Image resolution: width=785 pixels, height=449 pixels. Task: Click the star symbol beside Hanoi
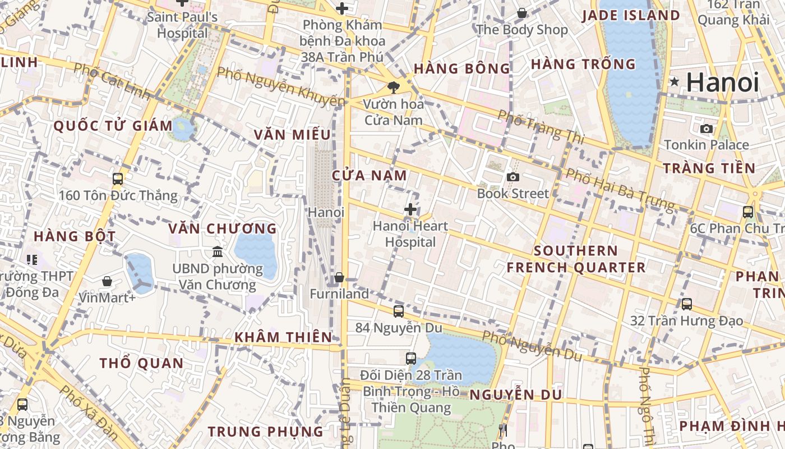[675, 83]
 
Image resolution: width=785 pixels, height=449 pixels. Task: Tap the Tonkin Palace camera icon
[706, 129]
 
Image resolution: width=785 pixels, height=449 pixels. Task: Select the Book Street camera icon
[512, 177]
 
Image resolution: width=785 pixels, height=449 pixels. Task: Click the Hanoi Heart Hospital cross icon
[410, 210]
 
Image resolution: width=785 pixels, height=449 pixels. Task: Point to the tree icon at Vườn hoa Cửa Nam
[394, 87]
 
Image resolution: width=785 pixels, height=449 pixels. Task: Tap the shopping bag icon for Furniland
[339, 278]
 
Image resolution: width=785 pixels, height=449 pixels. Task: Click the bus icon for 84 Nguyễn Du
[399, 311]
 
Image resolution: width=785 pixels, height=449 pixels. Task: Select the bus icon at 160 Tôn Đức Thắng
[118, 179]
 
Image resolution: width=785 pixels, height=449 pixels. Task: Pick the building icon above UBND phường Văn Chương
[218, 252]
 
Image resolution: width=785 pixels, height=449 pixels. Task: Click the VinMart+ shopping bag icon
[107, 281]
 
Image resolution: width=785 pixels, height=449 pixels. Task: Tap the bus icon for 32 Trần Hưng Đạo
[687, 304]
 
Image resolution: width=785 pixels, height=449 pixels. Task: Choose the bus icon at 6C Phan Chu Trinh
[748, 212]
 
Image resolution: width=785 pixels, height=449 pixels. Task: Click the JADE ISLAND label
[631, 16]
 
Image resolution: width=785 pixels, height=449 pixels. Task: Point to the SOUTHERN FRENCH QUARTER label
[576, 259]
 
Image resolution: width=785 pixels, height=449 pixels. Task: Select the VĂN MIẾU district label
[292, 135]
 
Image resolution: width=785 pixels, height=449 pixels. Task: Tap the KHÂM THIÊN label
[283, 337]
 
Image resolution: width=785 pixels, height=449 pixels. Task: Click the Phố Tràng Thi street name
[541, 127]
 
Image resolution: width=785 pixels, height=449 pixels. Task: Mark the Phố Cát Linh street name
[112, 82]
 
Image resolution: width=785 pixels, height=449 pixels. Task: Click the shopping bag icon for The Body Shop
[522, 13]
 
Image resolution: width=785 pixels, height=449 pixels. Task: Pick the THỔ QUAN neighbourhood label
[142, 364]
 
